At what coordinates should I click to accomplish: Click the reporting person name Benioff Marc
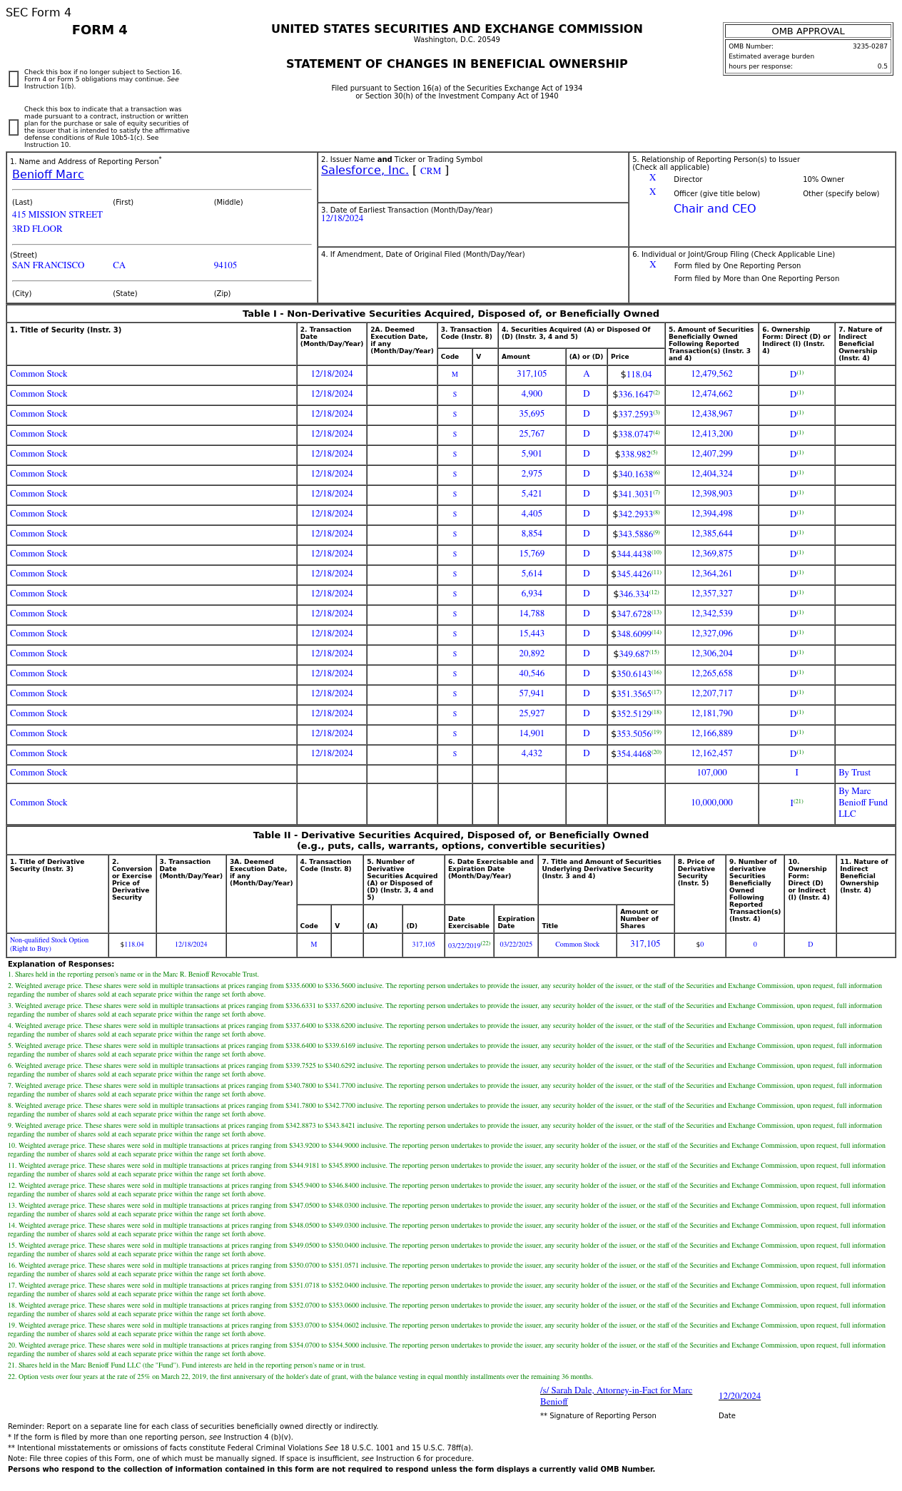point(48,175)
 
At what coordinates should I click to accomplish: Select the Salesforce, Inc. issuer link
point(365,171)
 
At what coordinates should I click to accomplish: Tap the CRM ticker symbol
point(430,171)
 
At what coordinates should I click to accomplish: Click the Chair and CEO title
point(714,209)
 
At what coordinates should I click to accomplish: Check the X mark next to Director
point(652,178)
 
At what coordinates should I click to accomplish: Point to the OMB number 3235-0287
point(870,46)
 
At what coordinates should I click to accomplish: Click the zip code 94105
point(225,265)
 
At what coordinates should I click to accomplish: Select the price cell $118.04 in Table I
point(636,375)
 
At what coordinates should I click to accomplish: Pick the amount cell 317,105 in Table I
point(532,375)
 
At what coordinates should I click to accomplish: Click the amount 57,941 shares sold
point(532,694)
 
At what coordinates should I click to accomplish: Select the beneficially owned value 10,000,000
point(711,803)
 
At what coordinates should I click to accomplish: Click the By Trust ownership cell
point(854,773)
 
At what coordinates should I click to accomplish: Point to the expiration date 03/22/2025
point(516,945)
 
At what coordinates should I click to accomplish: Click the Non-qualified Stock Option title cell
point(49,945)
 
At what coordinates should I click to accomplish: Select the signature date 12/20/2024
point(739,1396)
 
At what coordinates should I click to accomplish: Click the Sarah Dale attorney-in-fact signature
point(616,1395)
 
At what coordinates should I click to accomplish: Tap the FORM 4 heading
point(100,30)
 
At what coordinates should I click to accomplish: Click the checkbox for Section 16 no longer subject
point(14,79)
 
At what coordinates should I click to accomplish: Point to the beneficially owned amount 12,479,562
point(711,375)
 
